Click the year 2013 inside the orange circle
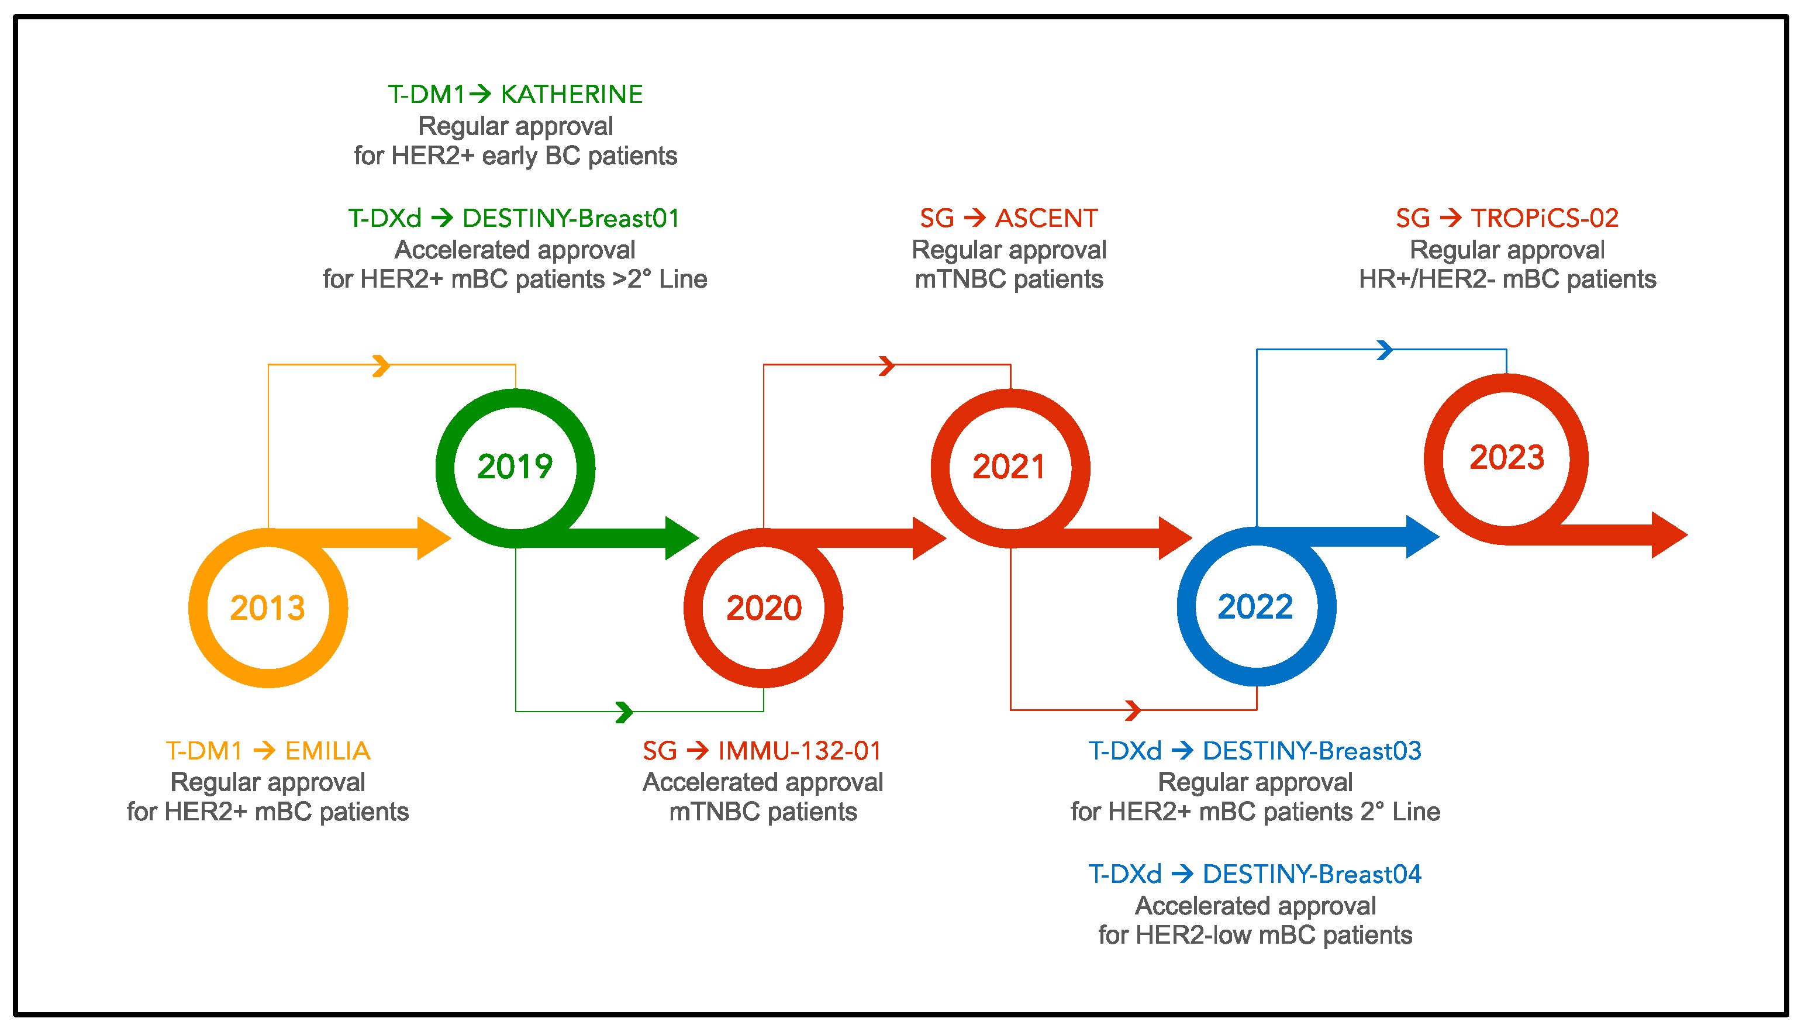coord(267,608)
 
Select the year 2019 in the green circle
coord(515,467)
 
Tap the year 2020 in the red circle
coord(763,608)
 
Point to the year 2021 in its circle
coord(1009,467)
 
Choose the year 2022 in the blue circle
coord(1255,607)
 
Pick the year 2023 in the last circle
coord(1506,457)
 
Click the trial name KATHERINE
coord(571,94)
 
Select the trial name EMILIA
coord(327,751)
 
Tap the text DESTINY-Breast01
coord(571,218)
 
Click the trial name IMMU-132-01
coord(799,751)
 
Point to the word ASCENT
coord(1046,218)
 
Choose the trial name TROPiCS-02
coord(1544,218)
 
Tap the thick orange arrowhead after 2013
coord(432,539)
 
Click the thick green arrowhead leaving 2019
coord(681,539)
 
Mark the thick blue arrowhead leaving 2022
coord(1421,537)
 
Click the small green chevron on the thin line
coord(624,712)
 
